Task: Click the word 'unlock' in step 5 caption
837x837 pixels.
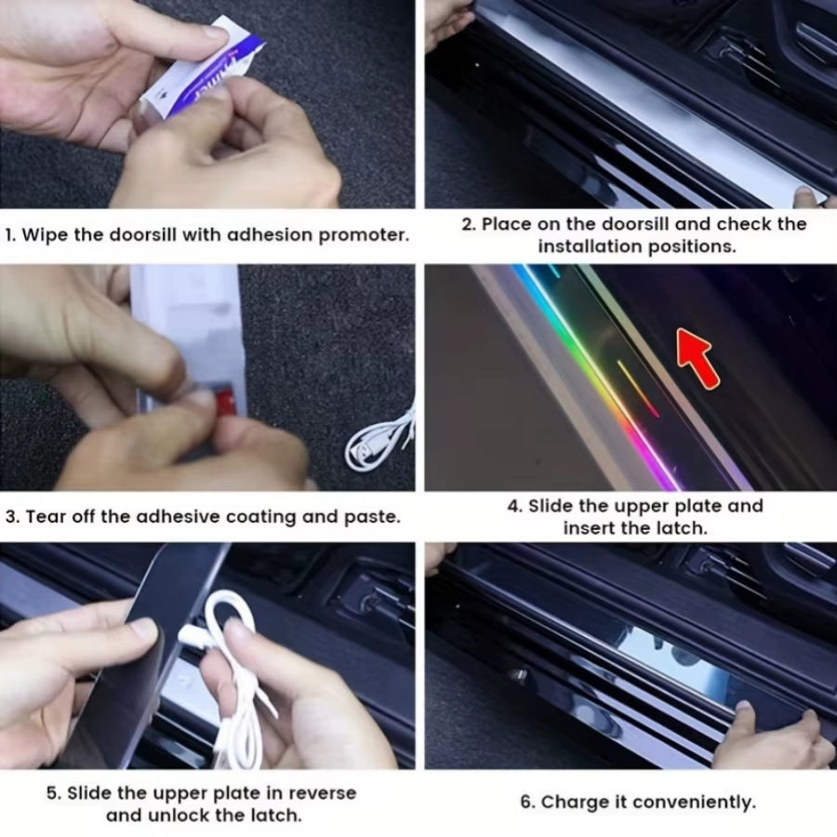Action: [174, 816]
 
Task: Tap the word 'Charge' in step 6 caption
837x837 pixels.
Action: [568, 802]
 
